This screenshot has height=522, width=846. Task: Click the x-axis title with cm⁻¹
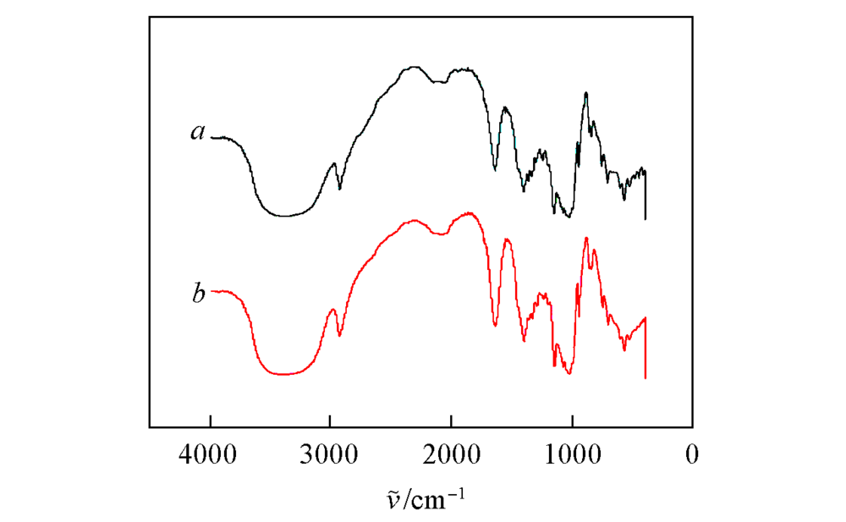(x=423, y=498)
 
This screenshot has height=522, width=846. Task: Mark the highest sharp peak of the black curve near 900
(x=585, y=93)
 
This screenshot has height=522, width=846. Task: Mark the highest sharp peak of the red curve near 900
(x=586, y=239)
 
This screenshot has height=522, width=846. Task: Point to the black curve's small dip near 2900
(x=340, y=188)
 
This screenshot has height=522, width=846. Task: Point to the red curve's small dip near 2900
(x=340, y=336)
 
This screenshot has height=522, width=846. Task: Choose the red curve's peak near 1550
(x=506, y=239)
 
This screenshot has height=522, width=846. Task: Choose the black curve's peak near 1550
(x=505, y=107)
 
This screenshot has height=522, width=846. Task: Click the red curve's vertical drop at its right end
(x=645, y=351)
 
